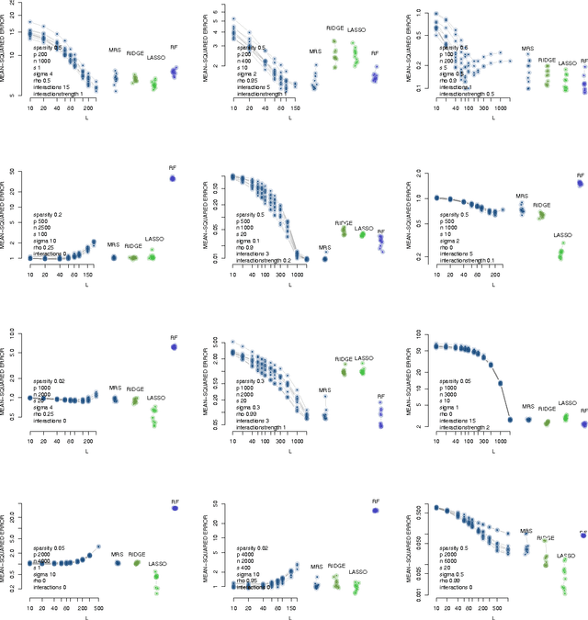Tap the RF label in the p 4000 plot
[x=375, y=502]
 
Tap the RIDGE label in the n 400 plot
[x=334, y=28]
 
